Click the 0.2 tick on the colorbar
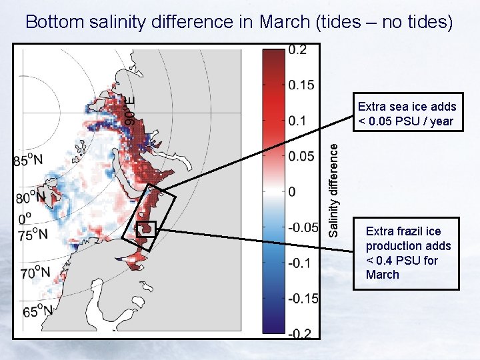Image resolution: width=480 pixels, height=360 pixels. (298, 51)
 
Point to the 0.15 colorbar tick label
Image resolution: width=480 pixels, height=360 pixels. (301, 85)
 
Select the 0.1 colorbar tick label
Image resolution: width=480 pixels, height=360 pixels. (298, 121)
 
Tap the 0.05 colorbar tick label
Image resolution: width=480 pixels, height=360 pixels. (301, 156)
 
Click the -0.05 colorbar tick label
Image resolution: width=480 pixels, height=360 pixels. (303, 227)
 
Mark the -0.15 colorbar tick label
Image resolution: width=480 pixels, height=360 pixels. (303, 297)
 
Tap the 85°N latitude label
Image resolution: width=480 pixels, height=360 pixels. (28, 161)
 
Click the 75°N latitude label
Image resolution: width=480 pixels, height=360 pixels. (33, 234)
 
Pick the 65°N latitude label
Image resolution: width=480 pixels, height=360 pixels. (37, 311)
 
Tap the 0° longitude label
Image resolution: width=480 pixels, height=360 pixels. (24, 217)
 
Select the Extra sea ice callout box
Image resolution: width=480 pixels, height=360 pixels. (407, 113)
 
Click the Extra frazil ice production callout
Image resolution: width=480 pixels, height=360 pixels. (406, 253)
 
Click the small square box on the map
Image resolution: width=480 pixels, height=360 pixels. (146, 229)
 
